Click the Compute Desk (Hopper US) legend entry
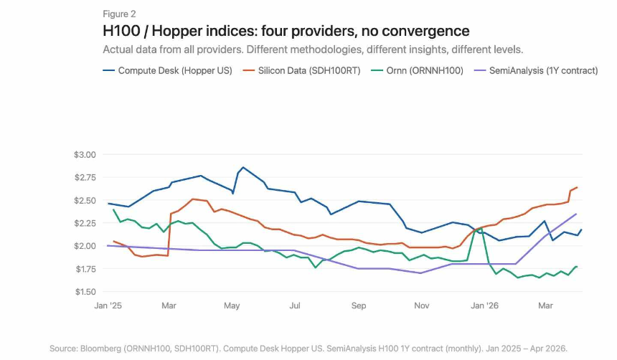coord(168,71)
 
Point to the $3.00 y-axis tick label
coord(84,155)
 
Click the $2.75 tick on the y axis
coord(84,178)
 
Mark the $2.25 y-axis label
coord(84,223)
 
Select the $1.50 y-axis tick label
coord(84,292)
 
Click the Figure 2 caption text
coord(119,14)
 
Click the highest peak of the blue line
coord(242,168)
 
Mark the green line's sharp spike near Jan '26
coord(480,229)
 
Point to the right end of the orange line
coord(577,187)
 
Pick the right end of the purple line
coord(576,214)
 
